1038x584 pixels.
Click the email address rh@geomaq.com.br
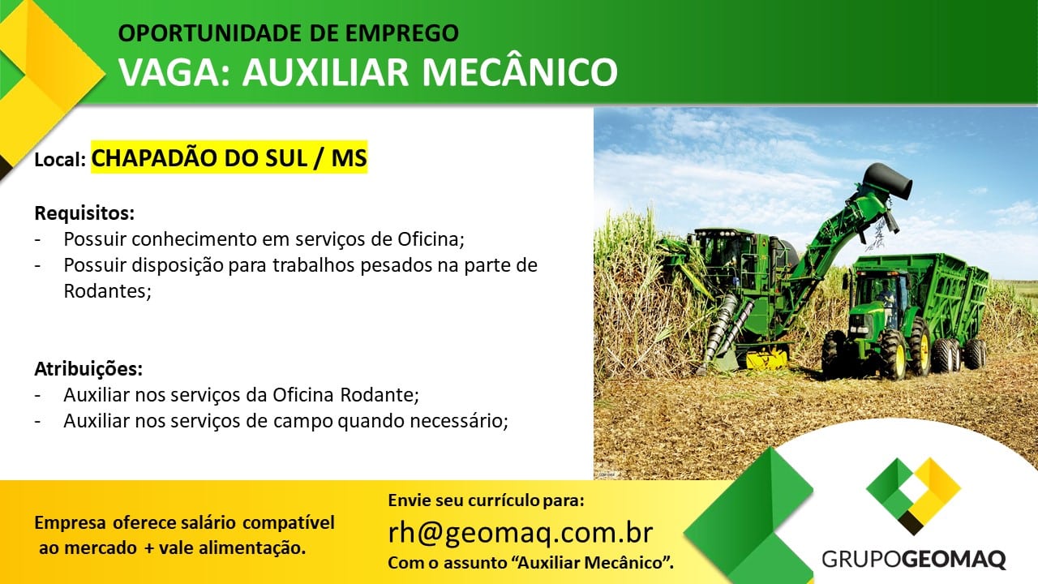point(521,533)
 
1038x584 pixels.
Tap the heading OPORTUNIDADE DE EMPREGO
point(288,33)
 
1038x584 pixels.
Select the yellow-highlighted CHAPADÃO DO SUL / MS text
point(229,157)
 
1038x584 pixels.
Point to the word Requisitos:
point(84,213)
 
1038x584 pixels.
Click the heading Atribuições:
point(88,369)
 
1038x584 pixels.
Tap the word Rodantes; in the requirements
point(108,291)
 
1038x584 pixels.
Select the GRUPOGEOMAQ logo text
point(914,559)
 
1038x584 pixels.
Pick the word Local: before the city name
point(60,160)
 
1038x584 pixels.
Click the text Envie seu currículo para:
point(486,500)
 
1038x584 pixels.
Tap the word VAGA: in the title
point(174,72)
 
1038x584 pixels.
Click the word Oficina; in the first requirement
point(431,239)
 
